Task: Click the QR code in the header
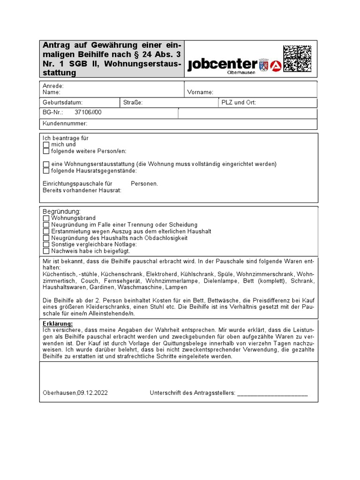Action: pos(297,59)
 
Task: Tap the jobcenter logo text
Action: pos(223,65)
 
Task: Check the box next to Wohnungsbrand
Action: pos(46,218)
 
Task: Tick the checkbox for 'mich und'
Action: pos(46,145)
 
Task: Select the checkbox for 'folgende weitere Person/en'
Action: pos(46,151)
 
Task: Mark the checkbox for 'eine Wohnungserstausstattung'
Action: pos(46,165)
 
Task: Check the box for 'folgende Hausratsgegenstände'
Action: pos(46,171)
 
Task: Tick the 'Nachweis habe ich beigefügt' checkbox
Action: pos(46,251)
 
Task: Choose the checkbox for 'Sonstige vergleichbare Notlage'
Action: pos(46,245)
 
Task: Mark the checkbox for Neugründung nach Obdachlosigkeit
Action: pos(46,238)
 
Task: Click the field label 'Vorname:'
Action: pos(200,92)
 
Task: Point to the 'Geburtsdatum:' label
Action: pos(62,103)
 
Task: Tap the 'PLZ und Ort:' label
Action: pos(239,103)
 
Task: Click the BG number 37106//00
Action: pos(88,112)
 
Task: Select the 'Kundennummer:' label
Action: pos(65,124)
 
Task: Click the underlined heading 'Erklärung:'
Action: pos(58,324)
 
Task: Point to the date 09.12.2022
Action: pos(93,393)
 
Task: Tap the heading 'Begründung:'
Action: pos(61,212)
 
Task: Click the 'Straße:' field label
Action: pos(133,103)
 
